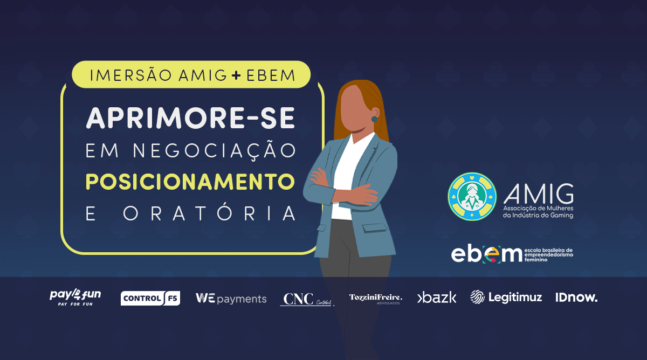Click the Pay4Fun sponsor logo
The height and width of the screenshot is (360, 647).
75,297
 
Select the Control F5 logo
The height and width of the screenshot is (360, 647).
150,298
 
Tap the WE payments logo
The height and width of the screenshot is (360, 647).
231,299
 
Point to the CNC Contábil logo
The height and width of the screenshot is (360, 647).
306,299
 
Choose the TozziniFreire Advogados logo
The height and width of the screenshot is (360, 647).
375,298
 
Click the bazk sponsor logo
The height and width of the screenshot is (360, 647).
437,297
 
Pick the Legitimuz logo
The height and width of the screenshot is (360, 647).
506,297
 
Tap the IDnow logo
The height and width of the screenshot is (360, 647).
576,297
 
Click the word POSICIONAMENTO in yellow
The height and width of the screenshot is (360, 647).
190,182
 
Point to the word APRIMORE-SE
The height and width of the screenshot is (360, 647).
190,118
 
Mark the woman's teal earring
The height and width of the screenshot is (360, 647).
374,119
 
